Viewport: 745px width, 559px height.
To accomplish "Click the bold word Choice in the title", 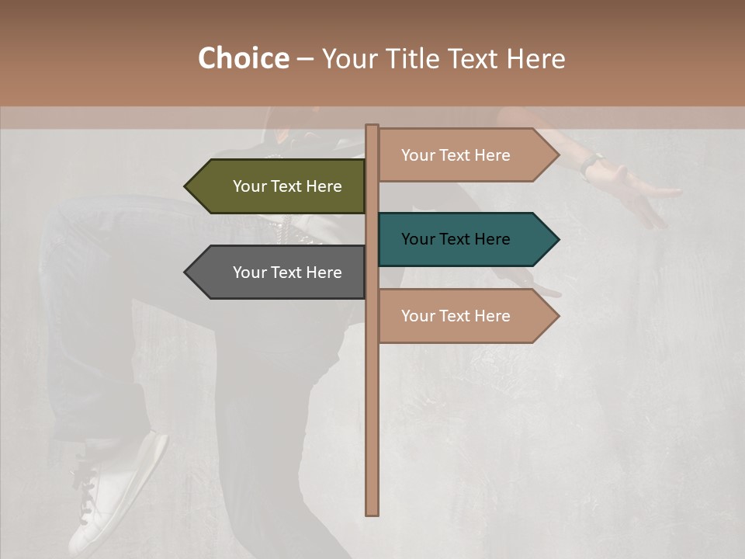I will pos(243,59).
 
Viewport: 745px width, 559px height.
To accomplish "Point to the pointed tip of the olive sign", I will pos(187,186).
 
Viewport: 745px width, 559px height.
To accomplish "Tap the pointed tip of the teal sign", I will pos(556,239).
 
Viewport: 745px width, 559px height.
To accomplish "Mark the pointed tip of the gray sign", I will pos(187,273).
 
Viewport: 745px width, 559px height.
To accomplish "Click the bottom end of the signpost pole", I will pos(372,512).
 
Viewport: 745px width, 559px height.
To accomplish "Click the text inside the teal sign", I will pos(456,239).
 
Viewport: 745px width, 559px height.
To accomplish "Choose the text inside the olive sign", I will pos(287,186).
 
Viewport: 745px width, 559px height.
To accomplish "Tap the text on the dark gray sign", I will pos(287,273).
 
